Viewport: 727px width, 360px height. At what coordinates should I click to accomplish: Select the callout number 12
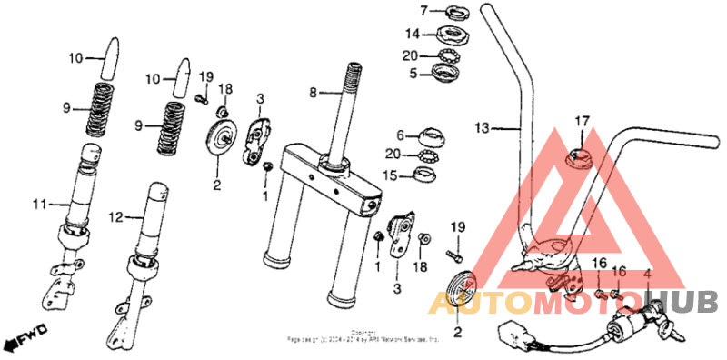pos(116,217)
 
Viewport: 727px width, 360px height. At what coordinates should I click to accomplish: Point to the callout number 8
pos(314,92)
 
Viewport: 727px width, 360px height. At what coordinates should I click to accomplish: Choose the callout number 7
pos(423,11)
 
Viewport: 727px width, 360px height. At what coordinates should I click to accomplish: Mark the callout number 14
pos(413,35)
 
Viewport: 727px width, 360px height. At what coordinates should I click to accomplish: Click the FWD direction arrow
pos(25,340)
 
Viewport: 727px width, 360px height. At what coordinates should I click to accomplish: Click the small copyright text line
pos(363,336)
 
